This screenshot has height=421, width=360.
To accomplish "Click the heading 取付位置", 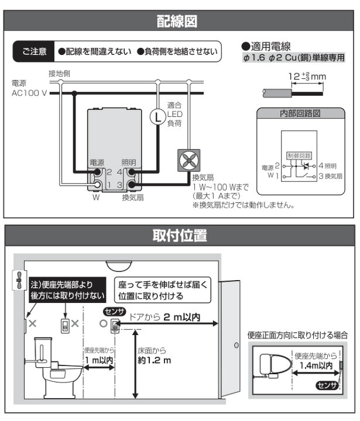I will click(x=179, y=236).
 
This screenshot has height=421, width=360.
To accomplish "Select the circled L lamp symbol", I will click(x=157, y=117).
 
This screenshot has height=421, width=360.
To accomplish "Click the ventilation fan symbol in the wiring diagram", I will click(x=189, y=160).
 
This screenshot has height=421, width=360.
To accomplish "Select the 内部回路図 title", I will click(x=300, y=113).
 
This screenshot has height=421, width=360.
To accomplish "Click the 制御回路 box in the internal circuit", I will click(x=298, y=156).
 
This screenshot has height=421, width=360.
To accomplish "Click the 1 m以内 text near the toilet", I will click(x=98, y=360).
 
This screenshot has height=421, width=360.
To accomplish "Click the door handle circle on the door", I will click(x=236, y=346).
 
